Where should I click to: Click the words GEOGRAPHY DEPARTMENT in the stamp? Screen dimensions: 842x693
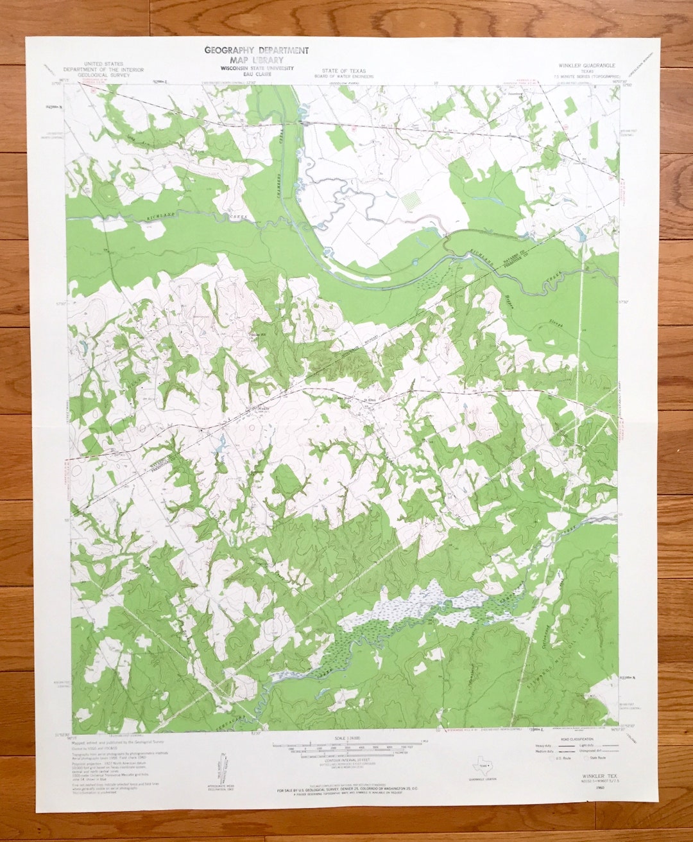[256, 50]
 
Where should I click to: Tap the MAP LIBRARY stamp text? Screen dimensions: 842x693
[257, 59]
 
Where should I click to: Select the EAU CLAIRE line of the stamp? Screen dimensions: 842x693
[257, 75]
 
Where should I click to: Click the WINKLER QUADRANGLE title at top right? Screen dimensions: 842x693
[586, 66]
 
